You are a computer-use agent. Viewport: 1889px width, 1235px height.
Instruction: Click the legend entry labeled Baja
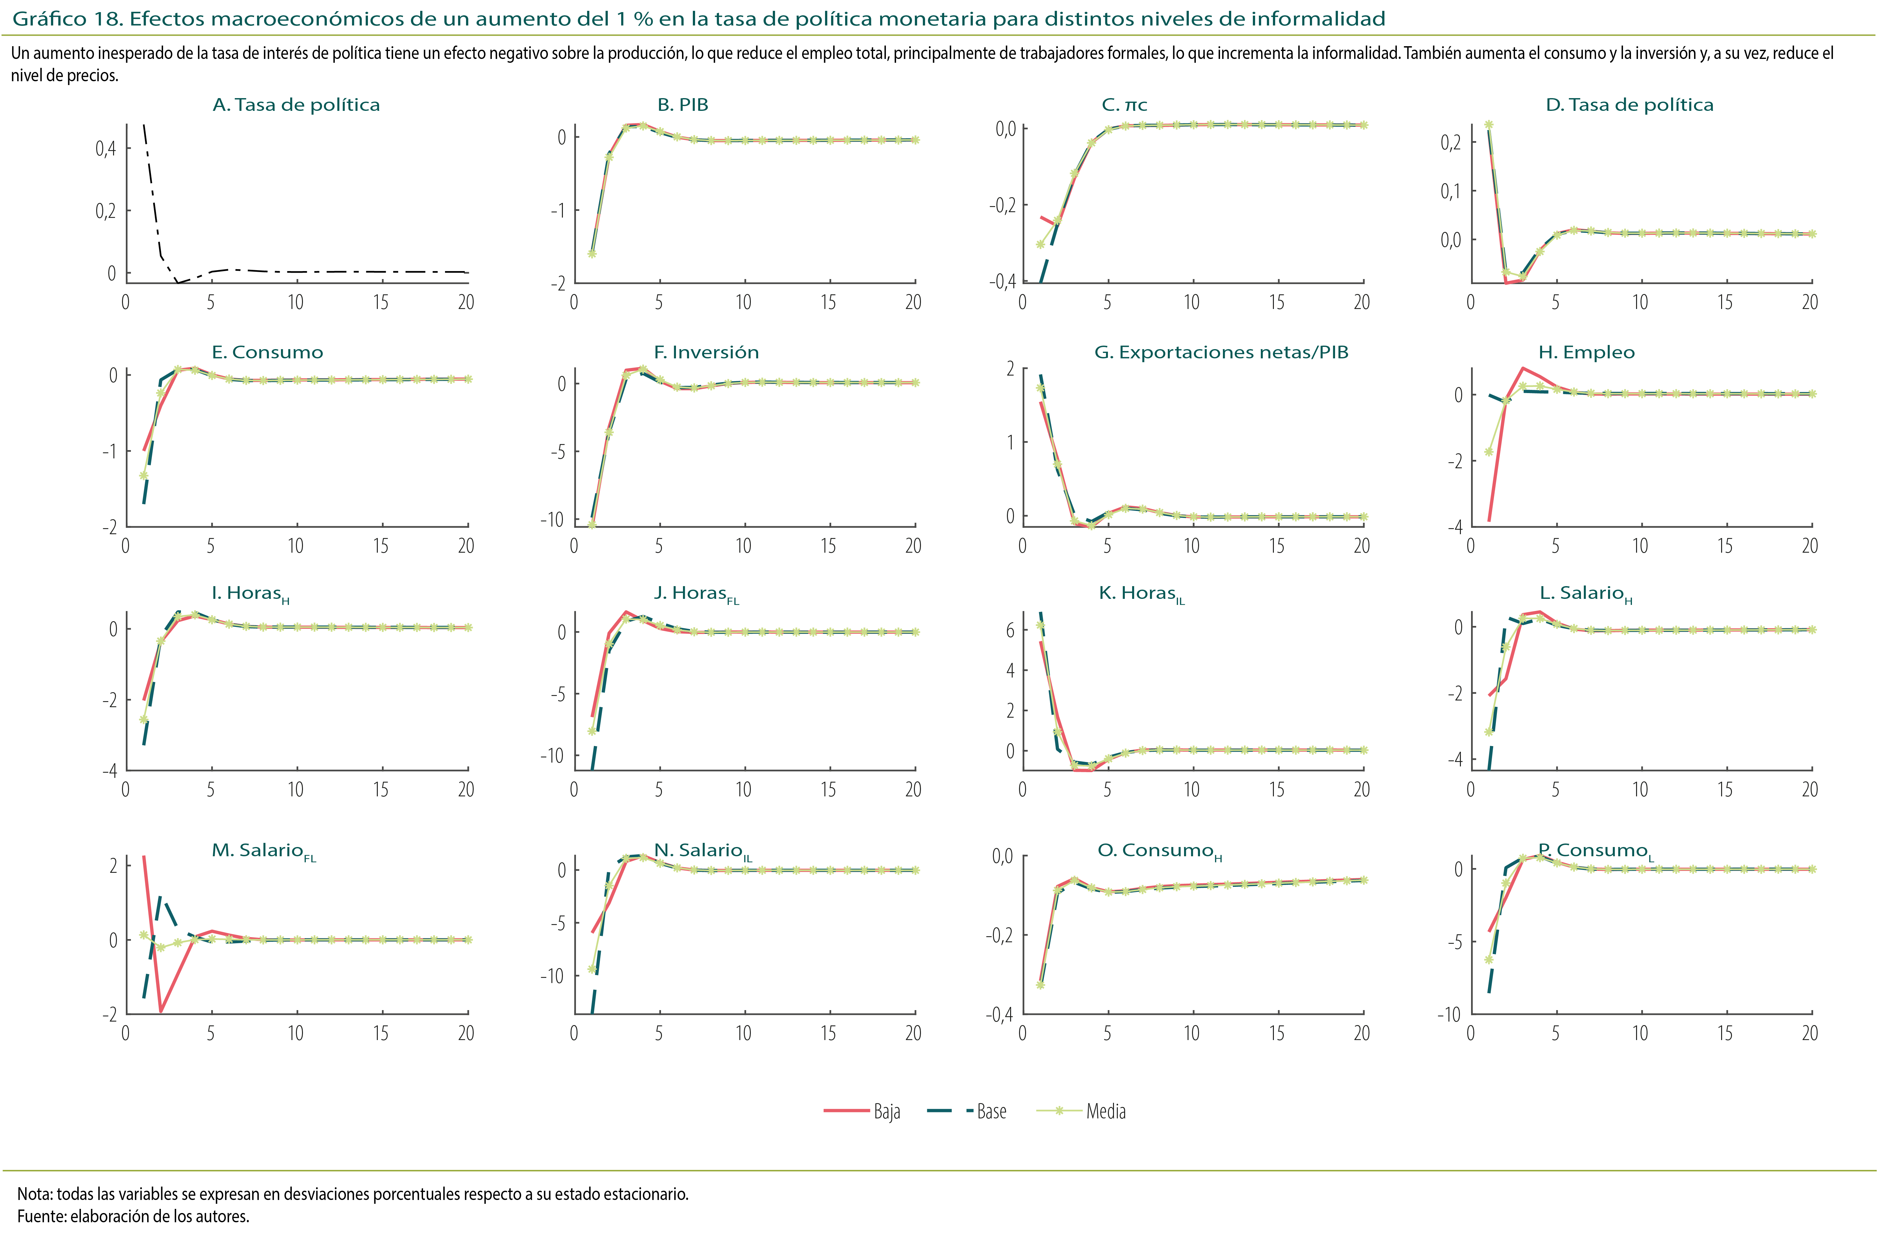887,1111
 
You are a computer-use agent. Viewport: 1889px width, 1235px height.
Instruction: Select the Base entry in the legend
991,1111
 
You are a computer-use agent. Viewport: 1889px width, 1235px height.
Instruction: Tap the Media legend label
1106,1111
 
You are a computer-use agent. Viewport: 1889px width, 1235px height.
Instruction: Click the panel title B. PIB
683,105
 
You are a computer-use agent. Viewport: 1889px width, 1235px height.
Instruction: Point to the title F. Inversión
706,352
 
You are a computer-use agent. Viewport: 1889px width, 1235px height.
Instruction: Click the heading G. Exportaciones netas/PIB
1221,352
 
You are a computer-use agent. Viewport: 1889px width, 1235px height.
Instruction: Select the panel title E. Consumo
268,352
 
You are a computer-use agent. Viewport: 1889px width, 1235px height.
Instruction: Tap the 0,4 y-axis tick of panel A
105,148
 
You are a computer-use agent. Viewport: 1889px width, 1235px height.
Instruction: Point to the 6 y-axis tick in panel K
1010,630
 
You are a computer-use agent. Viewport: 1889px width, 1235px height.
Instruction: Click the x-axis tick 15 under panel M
381,1033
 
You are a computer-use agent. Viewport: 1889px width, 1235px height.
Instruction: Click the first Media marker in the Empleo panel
1489,452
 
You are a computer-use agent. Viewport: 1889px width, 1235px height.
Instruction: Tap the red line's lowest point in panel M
161,1011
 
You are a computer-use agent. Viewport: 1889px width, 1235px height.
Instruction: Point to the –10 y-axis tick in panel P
1448,1014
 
